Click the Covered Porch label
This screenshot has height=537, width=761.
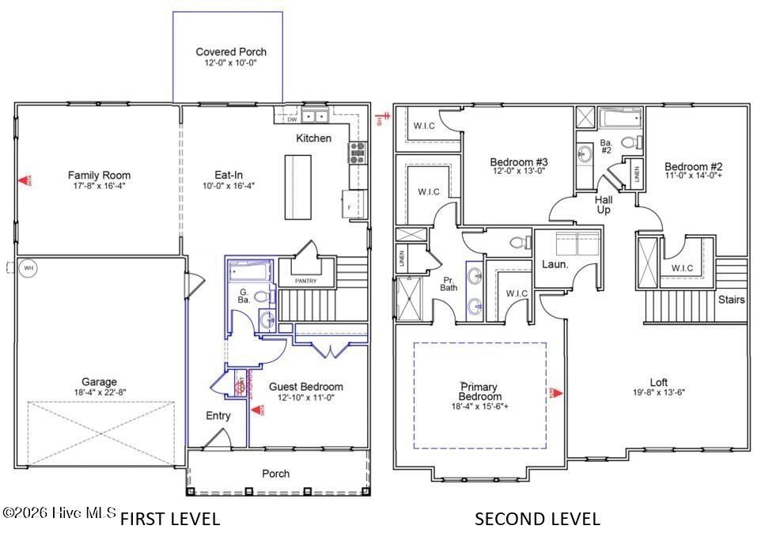(x=227, y=52)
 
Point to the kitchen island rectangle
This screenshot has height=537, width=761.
(x=297, y=187)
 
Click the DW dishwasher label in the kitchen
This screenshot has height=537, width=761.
(x=292, y=119)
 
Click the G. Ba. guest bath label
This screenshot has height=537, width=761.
(x=245, y=297)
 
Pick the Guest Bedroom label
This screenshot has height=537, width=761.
(x=306, y=387)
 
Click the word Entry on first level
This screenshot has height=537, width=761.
(x=218, y=416)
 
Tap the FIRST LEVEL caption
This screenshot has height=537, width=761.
(x=169, y=519)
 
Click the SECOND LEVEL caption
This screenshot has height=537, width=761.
(x=537, y=519)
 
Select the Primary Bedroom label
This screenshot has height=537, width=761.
(x=480, y=391)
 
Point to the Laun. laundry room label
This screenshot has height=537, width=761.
(x=555, y=264)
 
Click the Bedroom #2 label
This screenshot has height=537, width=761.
(x=693, y=167)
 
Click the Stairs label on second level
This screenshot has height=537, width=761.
(x=732, y=300)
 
